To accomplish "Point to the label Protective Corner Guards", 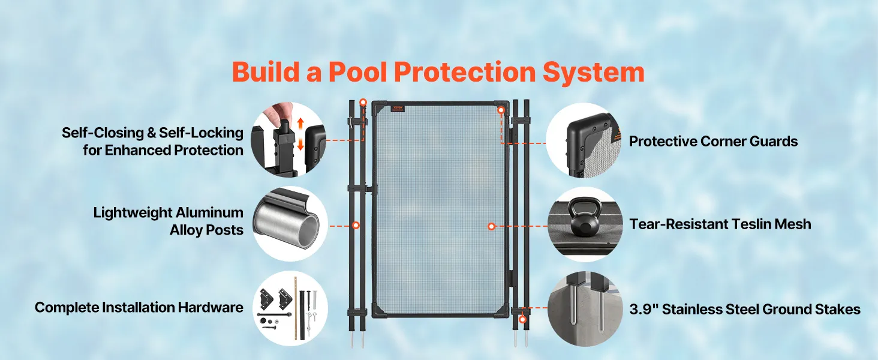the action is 714,141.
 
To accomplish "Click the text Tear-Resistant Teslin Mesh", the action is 720,224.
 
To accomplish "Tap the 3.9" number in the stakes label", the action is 644,309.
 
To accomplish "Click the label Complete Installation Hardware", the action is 139,307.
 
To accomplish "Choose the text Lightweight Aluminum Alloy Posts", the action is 168,221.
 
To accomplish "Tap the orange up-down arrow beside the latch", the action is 300,134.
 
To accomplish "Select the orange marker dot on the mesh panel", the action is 492,226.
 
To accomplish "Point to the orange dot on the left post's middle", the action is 356,226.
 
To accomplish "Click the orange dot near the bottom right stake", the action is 522,320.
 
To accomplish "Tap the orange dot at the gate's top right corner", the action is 501,110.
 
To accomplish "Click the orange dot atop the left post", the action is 363,103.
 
